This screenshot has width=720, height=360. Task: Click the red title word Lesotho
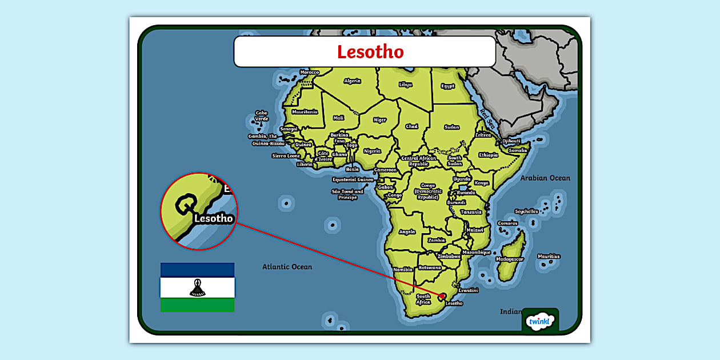point(370,52)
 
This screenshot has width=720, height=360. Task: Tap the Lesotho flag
point(197,287)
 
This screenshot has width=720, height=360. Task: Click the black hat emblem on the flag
point(197,288)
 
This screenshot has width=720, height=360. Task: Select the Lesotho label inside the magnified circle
point(214,218)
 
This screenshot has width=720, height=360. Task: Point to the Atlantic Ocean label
point(287,267)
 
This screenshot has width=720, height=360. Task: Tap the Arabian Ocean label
point(545,178)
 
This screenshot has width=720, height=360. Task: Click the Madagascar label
point(509,259)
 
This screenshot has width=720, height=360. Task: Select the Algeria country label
point(352,81)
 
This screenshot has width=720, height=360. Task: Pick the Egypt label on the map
point(447,86)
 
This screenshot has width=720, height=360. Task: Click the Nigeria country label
point(372,151)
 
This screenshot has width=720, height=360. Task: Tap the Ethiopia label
point(488,155)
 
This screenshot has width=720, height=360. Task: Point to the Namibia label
point(402,269)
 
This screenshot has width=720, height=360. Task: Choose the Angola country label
point(407,232)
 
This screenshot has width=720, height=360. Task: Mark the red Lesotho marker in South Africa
point(442,296)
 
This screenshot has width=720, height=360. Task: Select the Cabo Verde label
point(261,116)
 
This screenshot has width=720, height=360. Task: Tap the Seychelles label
point(526,211)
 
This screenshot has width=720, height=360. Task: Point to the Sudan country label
point(451,127)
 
